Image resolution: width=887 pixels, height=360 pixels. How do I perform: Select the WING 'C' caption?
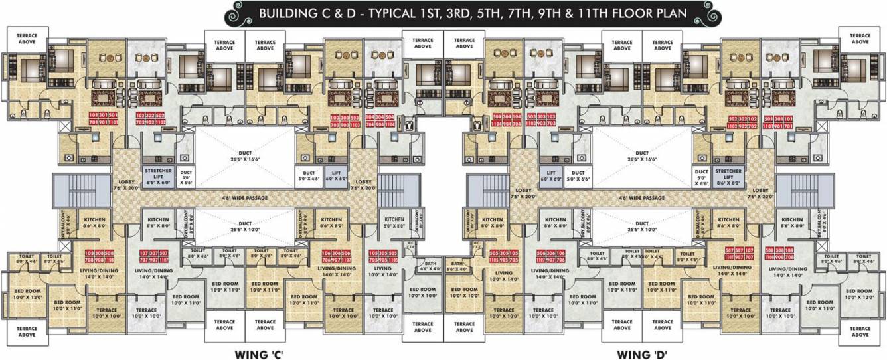point(260,353)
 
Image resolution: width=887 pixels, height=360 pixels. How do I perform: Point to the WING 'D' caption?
point(641,353)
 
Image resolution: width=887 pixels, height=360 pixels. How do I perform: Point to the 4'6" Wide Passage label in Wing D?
point(641,198)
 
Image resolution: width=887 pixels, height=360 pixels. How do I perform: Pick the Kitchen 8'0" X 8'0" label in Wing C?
point(394,223)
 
